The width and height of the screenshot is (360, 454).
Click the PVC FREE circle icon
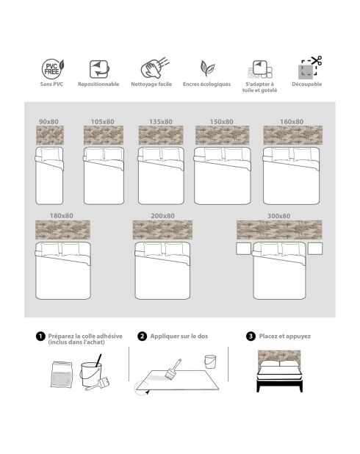point(51,69)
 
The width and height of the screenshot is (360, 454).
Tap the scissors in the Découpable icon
point(317,60)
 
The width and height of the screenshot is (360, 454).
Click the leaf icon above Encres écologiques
point(207,68)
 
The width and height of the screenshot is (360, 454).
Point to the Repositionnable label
point(98,84)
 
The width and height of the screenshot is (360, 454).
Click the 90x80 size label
point(48,122)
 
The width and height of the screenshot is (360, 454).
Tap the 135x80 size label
point(161,122)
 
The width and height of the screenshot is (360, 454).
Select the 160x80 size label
point(292,122)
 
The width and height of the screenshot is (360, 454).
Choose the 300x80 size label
point(278,216)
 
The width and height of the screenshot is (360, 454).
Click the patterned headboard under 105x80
point(104,135)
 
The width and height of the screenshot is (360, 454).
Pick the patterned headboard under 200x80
point(162,230)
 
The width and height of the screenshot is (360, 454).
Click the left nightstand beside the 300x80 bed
point(244,249)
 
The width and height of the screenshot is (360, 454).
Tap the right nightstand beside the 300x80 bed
point(315,249)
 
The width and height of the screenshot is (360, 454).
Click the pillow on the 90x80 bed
point(50,154)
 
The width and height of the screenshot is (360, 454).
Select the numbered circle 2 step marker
point(142,336)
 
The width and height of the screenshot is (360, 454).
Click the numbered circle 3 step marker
point(251,336)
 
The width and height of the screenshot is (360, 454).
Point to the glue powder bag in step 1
point(62,375)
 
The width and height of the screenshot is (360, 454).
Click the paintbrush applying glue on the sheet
point(173,369)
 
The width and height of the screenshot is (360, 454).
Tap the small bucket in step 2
point(210,361)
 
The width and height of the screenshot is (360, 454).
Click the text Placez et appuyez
point(285,336)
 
